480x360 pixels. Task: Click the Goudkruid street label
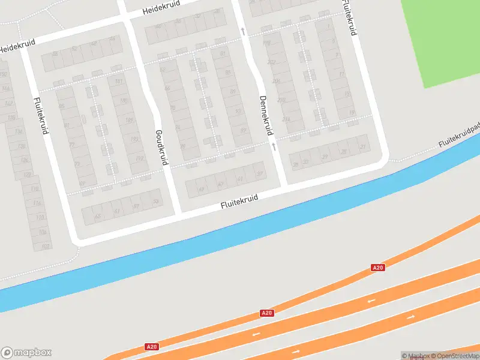[161, 147]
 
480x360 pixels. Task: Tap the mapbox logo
[26, 353]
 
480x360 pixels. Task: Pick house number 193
[135, 139]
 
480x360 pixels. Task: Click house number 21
[362, 146]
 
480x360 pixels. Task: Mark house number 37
[259, 174]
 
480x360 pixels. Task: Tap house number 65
[98, 215]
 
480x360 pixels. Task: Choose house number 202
[271, 62]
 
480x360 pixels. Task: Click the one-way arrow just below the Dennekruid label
[273, 146]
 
